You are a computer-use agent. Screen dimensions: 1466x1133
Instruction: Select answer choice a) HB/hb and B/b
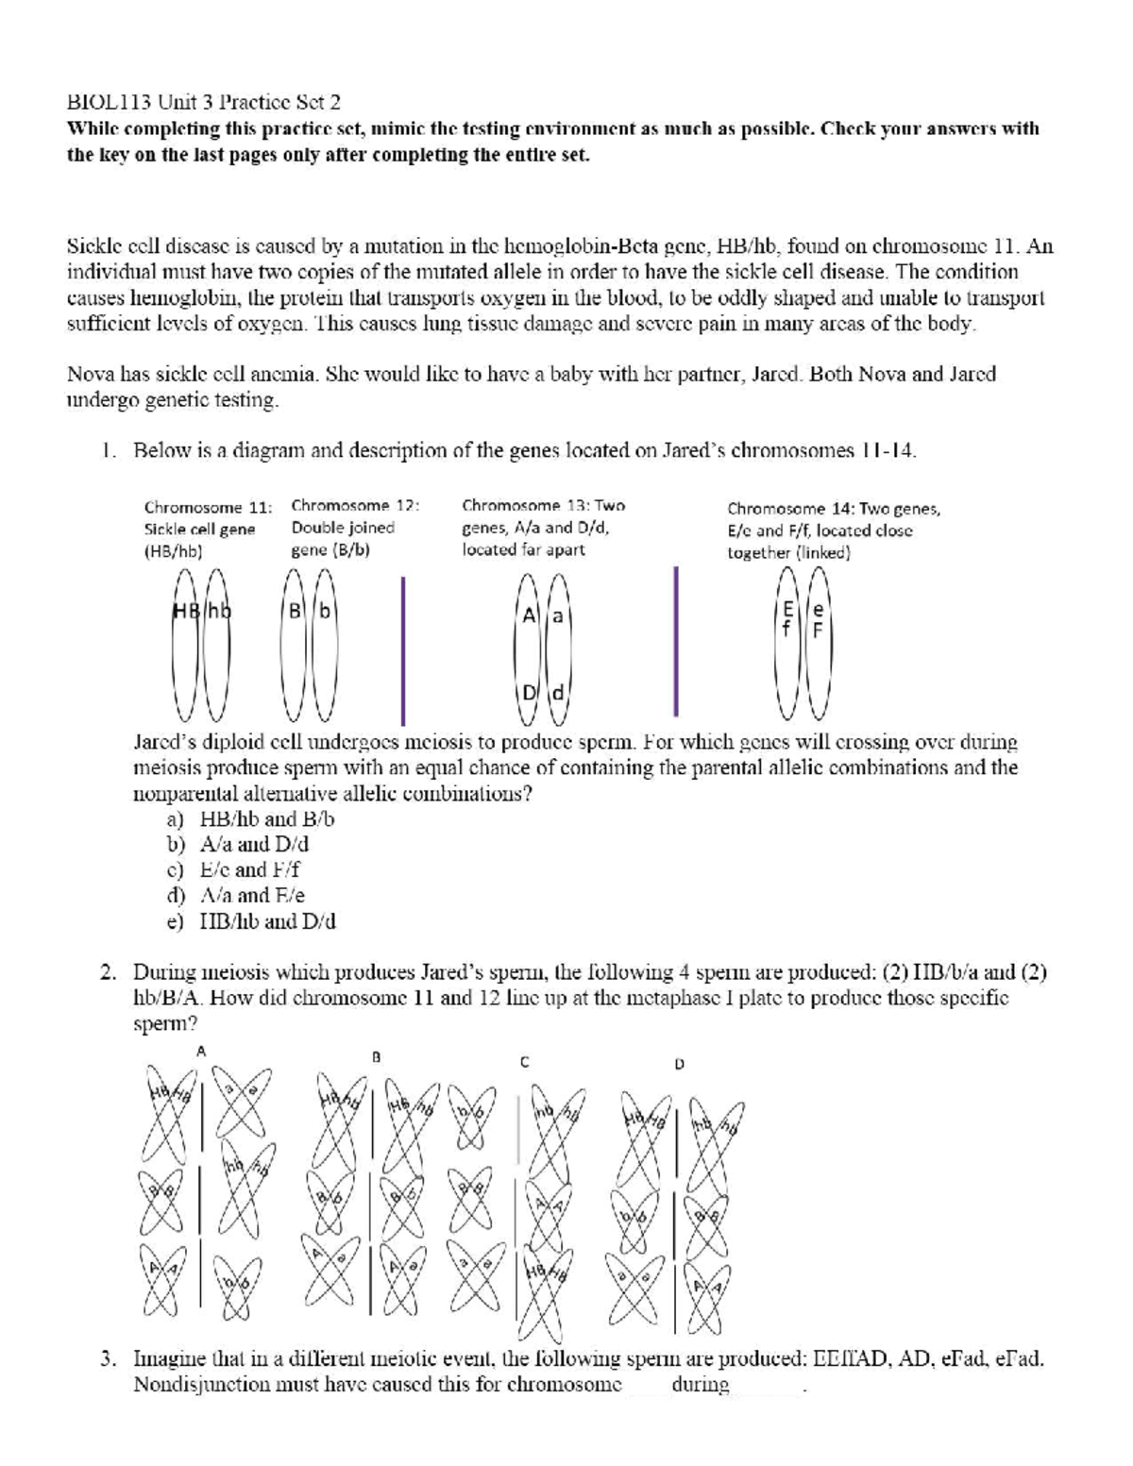pyautogui.click(x=251, y=818)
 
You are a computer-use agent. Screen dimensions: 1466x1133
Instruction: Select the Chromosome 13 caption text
pyautogui.click(x=543, y=527)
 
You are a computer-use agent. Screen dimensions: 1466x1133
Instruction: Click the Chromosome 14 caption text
pyautogui.click(x=833, y=530)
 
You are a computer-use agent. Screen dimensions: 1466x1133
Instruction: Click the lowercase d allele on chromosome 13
pyautogui.click(x=557, y=693)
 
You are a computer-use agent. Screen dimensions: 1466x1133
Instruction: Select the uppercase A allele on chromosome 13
pyautogui.click(x=530, y=615)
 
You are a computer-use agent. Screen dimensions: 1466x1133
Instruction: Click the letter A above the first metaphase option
pyautogui.click(x=200, y=1050)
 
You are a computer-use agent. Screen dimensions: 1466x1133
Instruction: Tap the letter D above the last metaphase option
pyautogui.click(x=678, y=1063)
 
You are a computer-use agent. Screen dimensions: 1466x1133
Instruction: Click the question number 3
pyautogui.click(x=110, y=1360)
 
